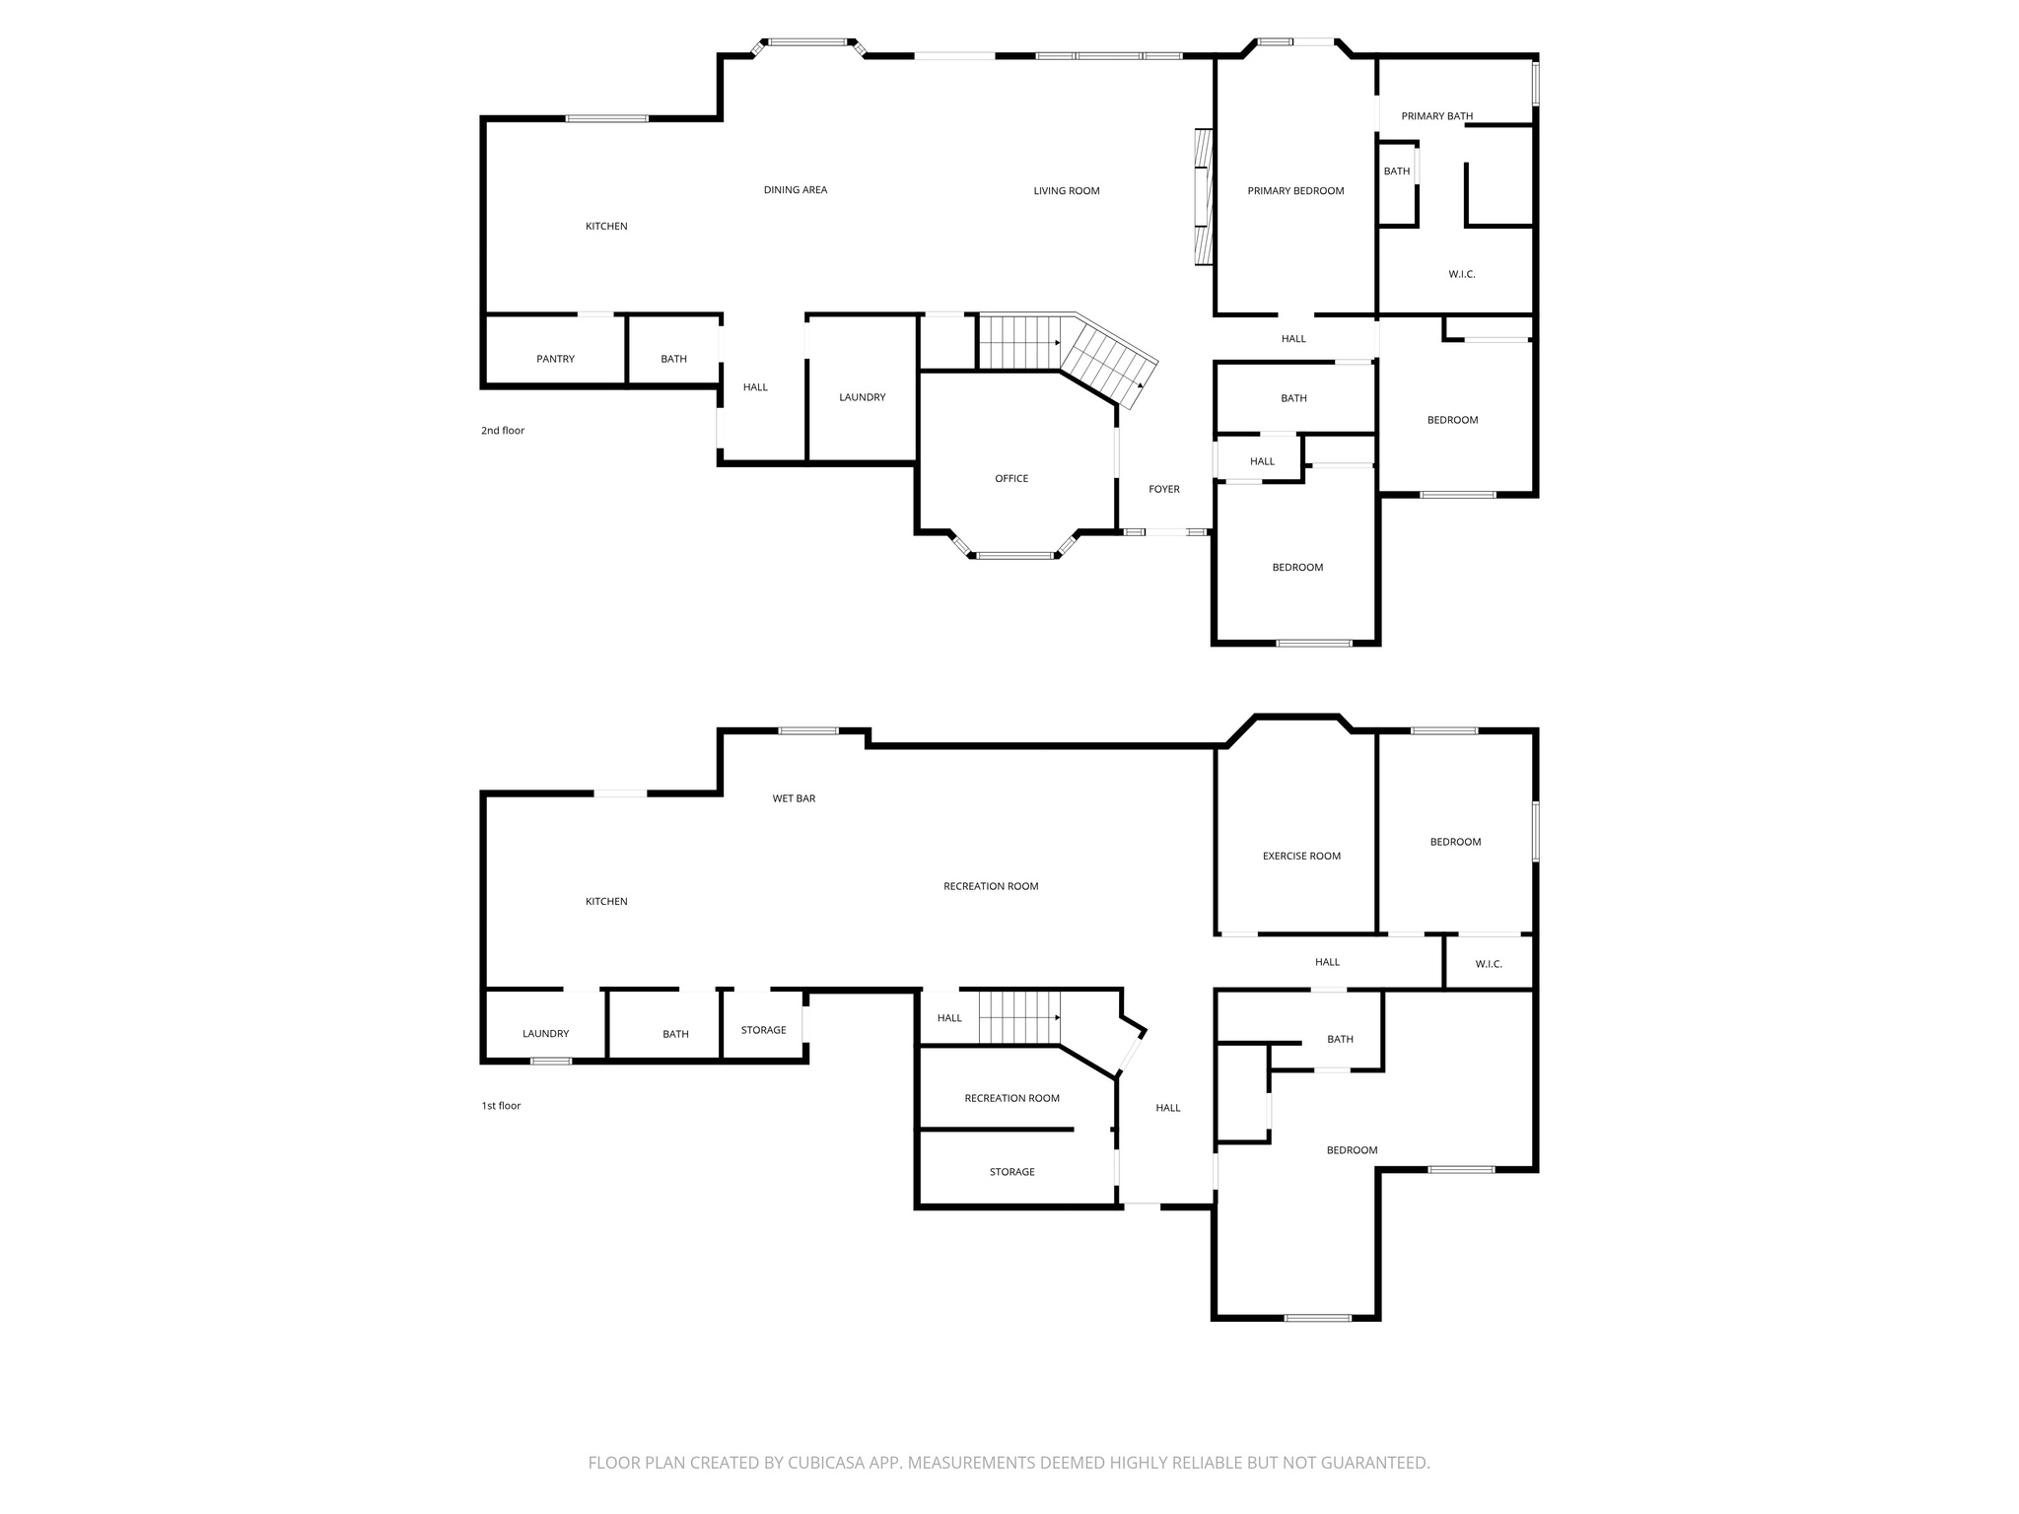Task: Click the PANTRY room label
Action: (555, 359)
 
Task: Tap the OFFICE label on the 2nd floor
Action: (1011, 479)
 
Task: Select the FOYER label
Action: (1164, 489)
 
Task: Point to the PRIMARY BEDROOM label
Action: (1295, 191)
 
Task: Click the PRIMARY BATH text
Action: (1436, 116)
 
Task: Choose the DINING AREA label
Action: (795, 190)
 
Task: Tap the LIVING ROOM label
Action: (1067, 191)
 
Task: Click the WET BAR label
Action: (794, 798)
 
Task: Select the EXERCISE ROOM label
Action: (1301, 857)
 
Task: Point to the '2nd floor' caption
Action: (503, 431)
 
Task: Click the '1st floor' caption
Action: (501, 1106)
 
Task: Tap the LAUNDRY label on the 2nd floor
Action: (862, 397)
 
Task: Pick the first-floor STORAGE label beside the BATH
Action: (763, 1030)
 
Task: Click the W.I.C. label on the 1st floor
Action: (1489, 964)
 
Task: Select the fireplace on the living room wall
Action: (1202, 197)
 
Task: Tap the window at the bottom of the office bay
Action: (1015, 556)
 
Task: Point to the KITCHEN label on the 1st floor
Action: (606, 902)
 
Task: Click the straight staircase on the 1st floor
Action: (1019, 1017)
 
